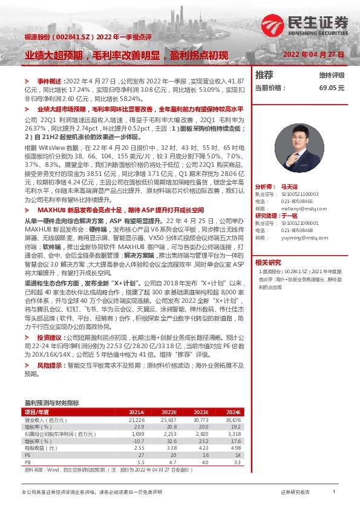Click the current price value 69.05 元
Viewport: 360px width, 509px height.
coord(332,88)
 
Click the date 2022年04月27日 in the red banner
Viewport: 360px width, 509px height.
coord(313,54)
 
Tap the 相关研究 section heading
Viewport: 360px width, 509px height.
coord(267,245)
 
